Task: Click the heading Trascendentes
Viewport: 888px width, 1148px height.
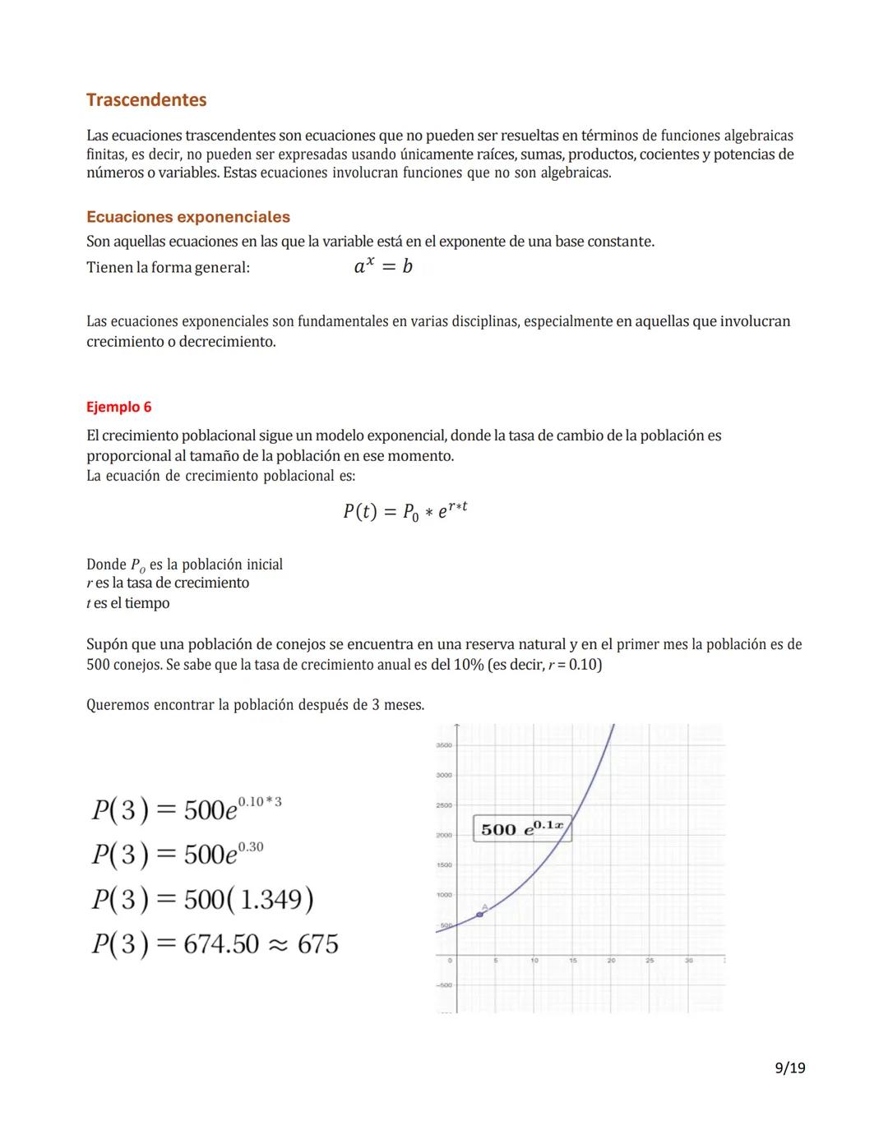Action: click(x=146, y=100)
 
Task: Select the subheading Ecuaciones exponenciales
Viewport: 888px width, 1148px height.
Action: click(x=188, y=217)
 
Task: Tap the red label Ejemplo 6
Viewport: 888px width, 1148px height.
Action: click(x=119, y=407)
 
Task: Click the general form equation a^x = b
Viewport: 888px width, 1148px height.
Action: click(x=383, y=266)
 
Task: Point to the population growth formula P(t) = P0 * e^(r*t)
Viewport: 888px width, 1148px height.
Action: click(x=405, y=511)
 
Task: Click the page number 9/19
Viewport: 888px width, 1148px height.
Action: click(x=789, y=1067)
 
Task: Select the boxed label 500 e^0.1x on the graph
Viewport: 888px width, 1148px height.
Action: click(x=522, y=828)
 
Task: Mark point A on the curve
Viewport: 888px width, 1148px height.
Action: click(x=480, y=914)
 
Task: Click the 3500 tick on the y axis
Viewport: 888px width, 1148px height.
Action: click(x=443, y=745)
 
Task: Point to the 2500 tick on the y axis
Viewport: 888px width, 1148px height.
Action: click(x=443, y=805)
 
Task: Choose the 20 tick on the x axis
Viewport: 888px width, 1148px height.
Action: click(x=611, y=960)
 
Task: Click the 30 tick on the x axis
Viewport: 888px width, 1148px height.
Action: click(x=688, y=960)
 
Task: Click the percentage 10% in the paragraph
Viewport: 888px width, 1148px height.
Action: click(x=468, y=665)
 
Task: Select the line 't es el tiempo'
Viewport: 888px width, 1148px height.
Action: click(x=128, y=603)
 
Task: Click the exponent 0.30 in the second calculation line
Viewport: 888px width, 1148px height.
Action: click(x=251, y=846)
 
